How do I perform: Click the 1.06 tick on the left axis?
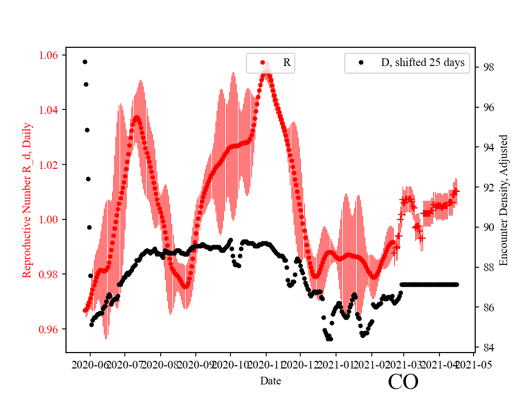point(51,55)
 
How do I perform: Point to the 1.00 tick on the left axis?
point(51,219)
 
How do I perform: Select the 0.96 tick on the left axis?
point(51,329)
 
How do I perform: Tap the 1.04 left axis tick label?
point(51,110)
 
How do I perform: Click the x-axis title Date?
point(271,381)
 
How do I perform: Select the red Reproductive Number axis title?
point(27,200)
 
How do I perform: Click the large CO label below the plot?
point(403,382)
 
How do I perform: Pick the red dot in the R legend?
point(262,63)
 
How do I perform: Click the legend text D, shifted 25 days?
point(423,63)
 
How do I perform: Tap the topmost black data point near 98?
point(85,62)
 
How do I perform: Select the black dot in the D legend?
point(361,63)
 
